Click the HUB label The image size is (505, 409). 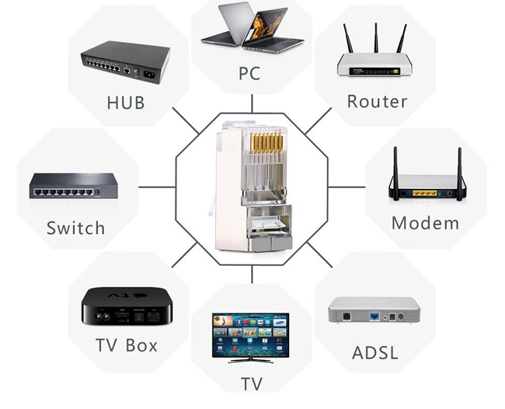pyautogui.click(x=126, y=102)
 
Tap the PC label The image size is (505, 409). pyautogui.click(x=249, y=75)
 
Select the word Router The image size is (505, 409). pyautogui.click(x=377, y=101)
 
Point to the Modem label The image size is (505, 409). pyautogui.click(x=425, y=223)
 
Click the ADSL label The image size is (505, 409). pyautogui.click(x=375, y=352)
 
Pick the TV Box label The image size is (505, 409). pyautogui.click(x=126, y=344)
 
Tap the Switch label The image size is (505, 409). pyautogui.click(x=75, y=228)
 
